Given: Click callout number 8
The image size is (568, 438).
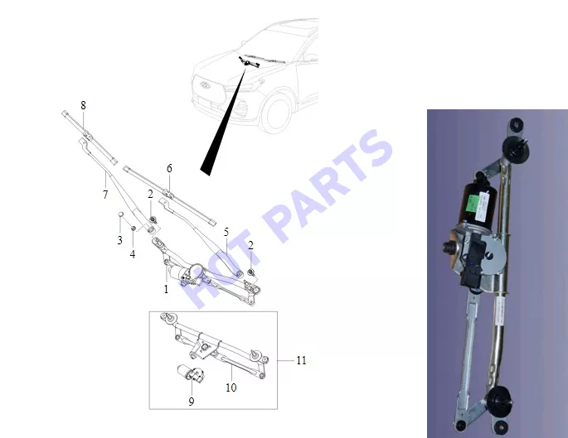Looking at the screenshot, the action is pyautogui.click(x=83, y=105).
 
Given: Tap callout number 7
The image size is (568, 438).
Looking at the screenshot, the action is pyautogui.click(x=105, y=195).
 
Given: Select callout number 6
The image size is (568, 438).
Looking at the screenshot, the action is pyautogui.click(x=169, y=168).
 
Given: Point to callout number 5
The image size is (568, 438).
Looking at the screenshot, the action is pyautogui.click(x=226, y=232).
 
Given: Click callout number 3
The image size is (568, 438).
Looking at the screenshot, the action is pyautogui.click(x=120, y=240).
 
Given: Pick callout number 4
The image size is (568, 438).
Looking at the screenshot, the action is pyautogui.click(x=133, y=254).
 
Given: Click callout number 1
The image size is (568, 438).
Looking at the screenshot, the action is pyautogui.click(x=167, y=289).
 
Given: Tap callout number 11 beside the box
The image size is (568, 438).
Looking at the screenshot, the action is pyautogui.click(x=301, y=360).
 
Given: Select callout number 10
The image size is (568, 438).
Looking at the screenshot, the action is pyautogui.click(x=231, y=387).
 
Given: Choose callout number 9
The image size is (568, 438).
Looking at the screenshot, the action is pyautogui.click(x=192, y=402).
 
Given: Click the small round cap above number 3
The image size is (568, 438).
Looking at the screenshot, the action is pyautogui.click(x=120, y=214).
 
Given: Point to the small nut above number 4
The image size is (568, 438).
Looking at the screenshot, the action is pyautogui.click(x=133, y=229).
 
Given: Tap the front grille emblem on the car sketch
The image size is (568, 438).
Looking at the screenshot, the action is pyautogui.click(x=206, y=84).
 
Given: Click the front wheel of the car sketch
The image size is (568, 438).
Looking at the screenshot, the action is pyautogui.click(x=278, y=113).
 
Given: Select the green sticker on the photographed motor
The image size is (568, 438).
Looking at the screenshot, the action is pyautogui.click(x=474, y=203).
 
